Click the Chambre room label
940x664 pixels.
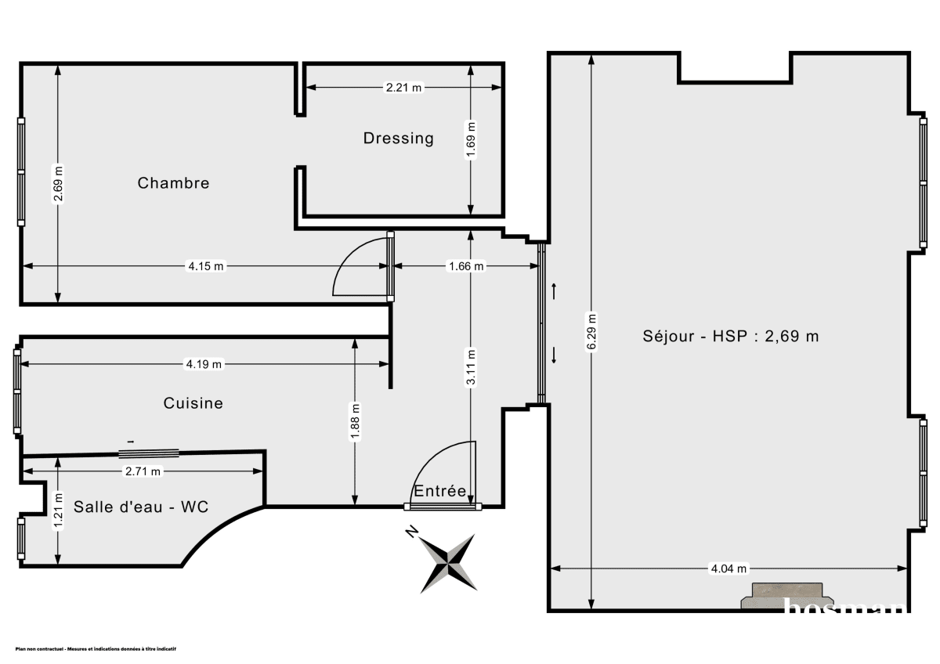[x=173, y=182]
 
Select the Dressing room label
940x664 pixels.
[x=398, y=138]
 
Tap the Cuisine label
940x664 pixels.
[x=193, y=402]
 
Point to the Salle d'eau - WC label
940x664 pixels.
[x=141, y=507]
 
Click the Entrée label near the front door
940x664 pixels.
[x=440, y=491]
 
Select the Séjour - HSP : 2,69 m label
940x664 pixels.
[x=730, y=336]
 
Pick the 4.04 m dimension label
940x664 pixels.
[x=728, y=568]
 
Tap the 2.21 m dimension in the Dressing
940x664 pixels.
[x=403, y=88]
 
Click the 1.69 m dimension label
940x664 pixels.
[x=470, y=139]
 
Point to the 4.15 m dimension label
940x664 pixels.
[x=205, y=266]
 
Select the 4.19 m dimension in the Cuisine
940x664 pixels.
[x=203, y=363]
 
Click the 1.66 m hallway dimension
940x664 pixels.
[x=465, y=266]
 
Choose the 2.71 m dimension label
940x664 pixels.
[x=143, y=471]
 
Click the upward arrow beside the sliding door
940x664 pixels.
[x=554, y=291]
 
